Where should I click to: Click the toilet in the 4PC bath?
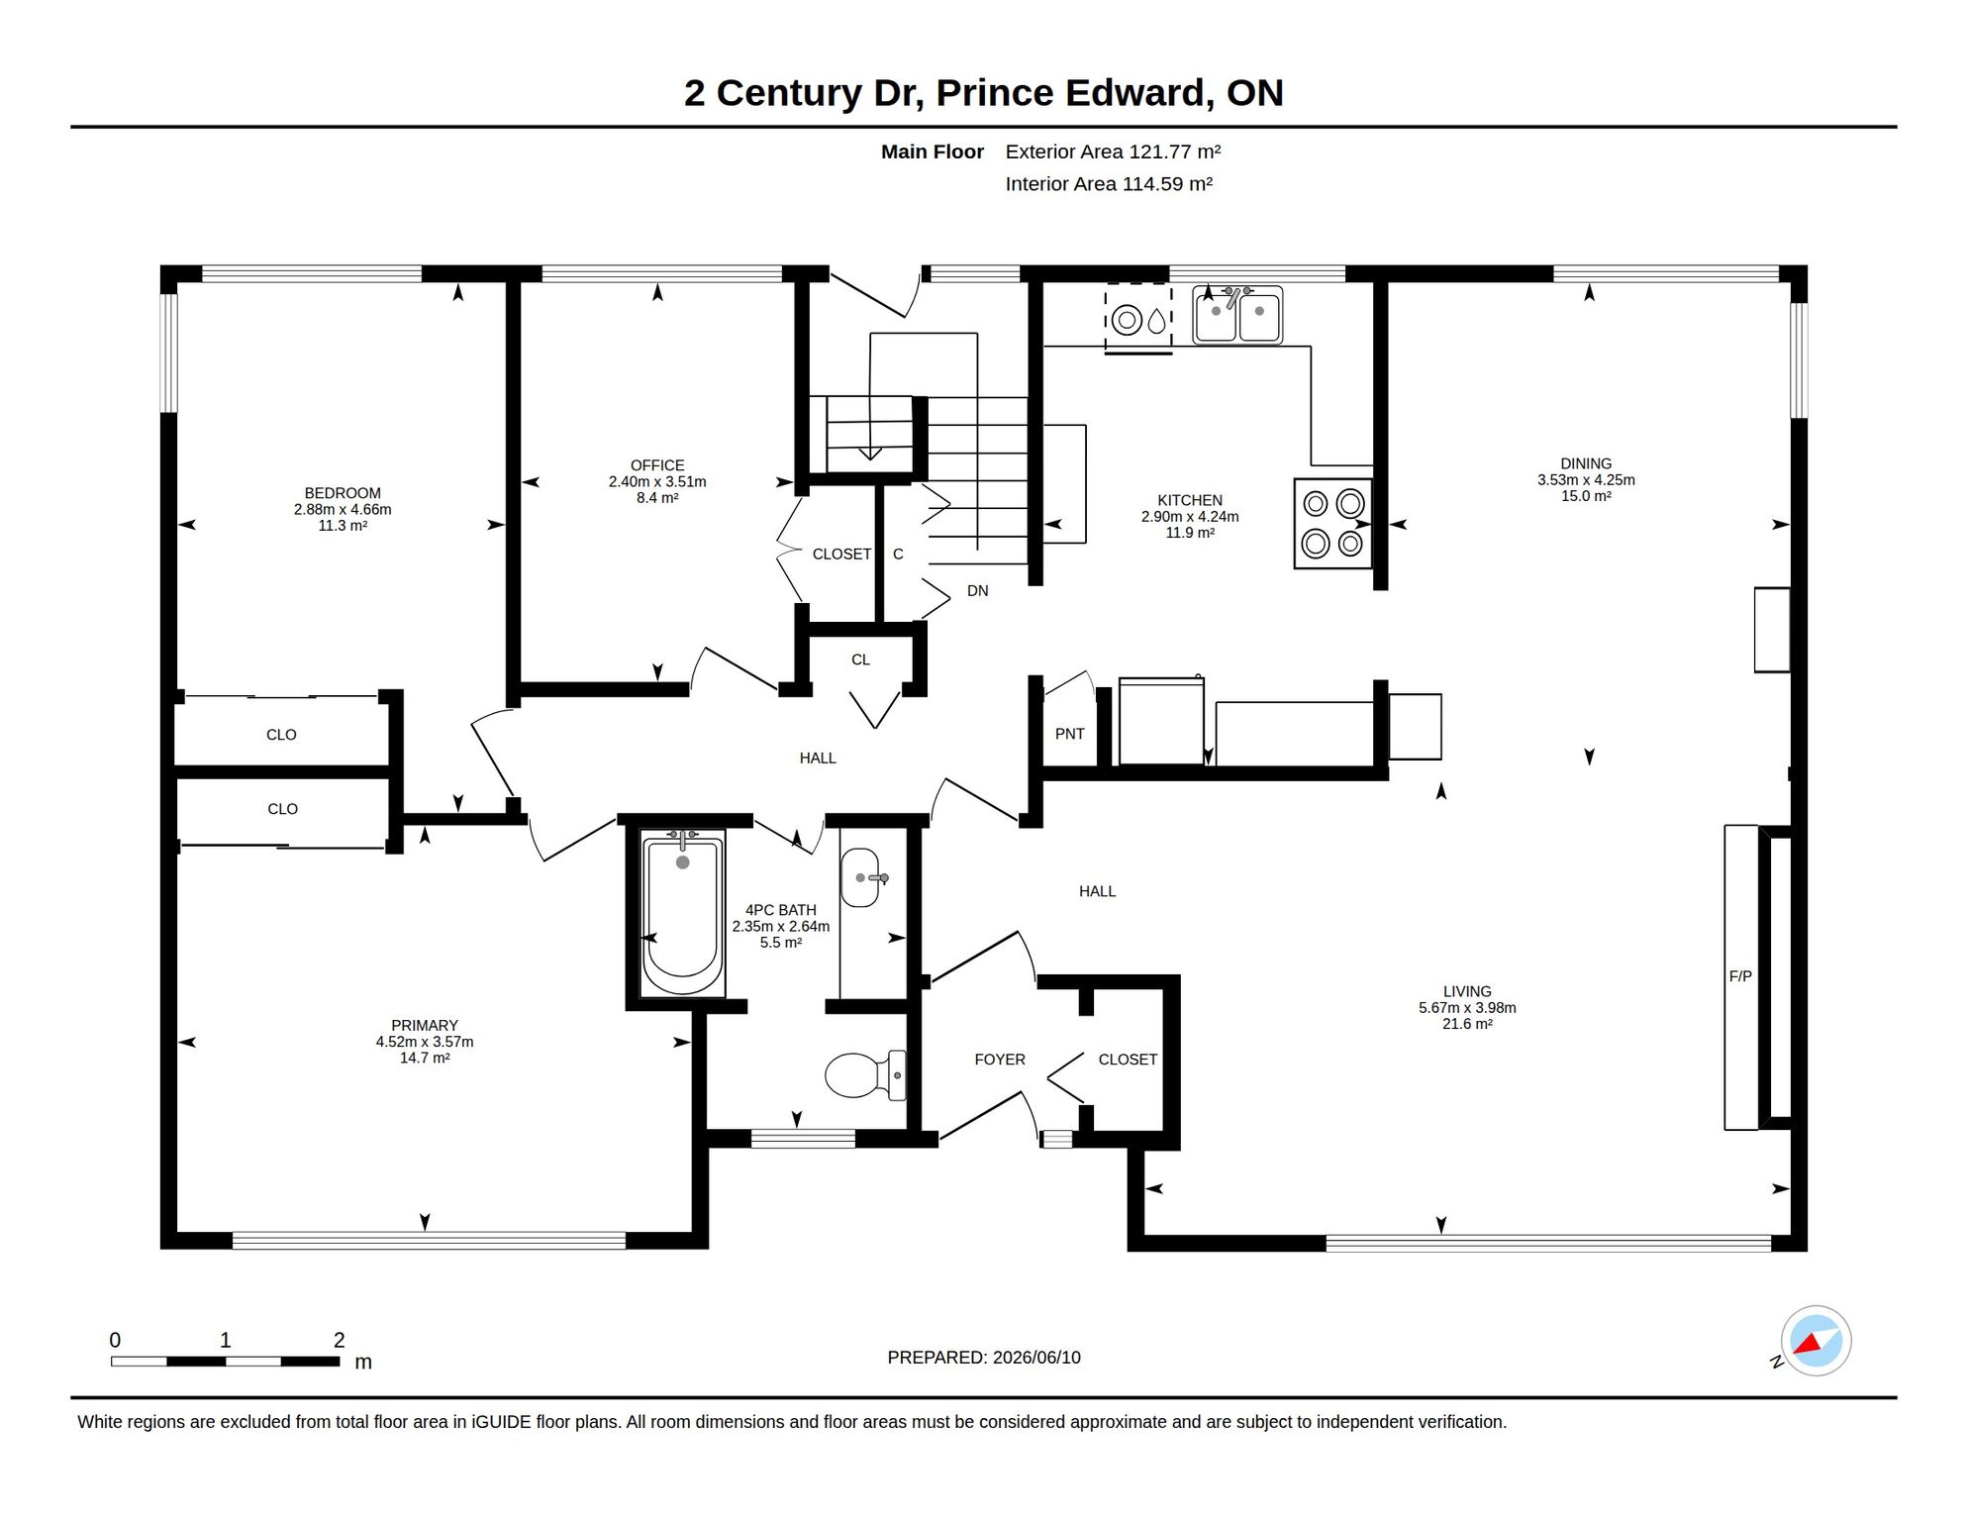(x=865, y=1075)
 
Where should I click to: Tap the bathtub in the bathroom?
(x=682, y=913)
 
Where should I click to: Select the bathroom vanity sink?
(x=861, y=877)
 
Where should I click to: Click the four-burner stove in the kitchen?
(x=1332, y=524)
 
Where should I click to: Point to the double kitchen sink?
(x=1237, y=315)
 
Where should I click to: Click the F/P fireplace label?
(x=1740, y=976)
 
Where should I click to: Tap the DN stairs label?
(x=978, y=591)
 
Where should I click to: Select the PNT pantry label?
(x=1070, y=734)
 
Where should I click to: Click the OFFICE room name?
(x=657, y=465)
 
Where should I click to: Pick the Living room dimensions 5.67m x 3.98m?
(x=1467, y=1008)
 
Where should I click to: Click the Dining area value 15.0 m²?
(x=1586, y=496)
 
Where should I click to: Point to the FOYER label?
(x=1000, y=1060)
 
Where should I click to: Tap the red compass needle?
(x=1811, y=1344)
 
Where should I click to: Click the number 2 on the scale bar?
(x=339, y=1340)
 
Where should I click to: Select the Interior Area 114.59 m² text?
(x=1109, y=184)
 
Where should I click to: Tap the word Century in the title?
(x=789, y=94)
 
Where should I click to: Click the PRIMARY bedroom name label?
(x=425, y=1026)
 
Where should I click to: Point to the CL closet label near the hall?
(x=860, y=659)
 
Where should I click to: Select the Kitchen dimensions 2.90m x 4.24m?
(x=1190, y=517)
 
